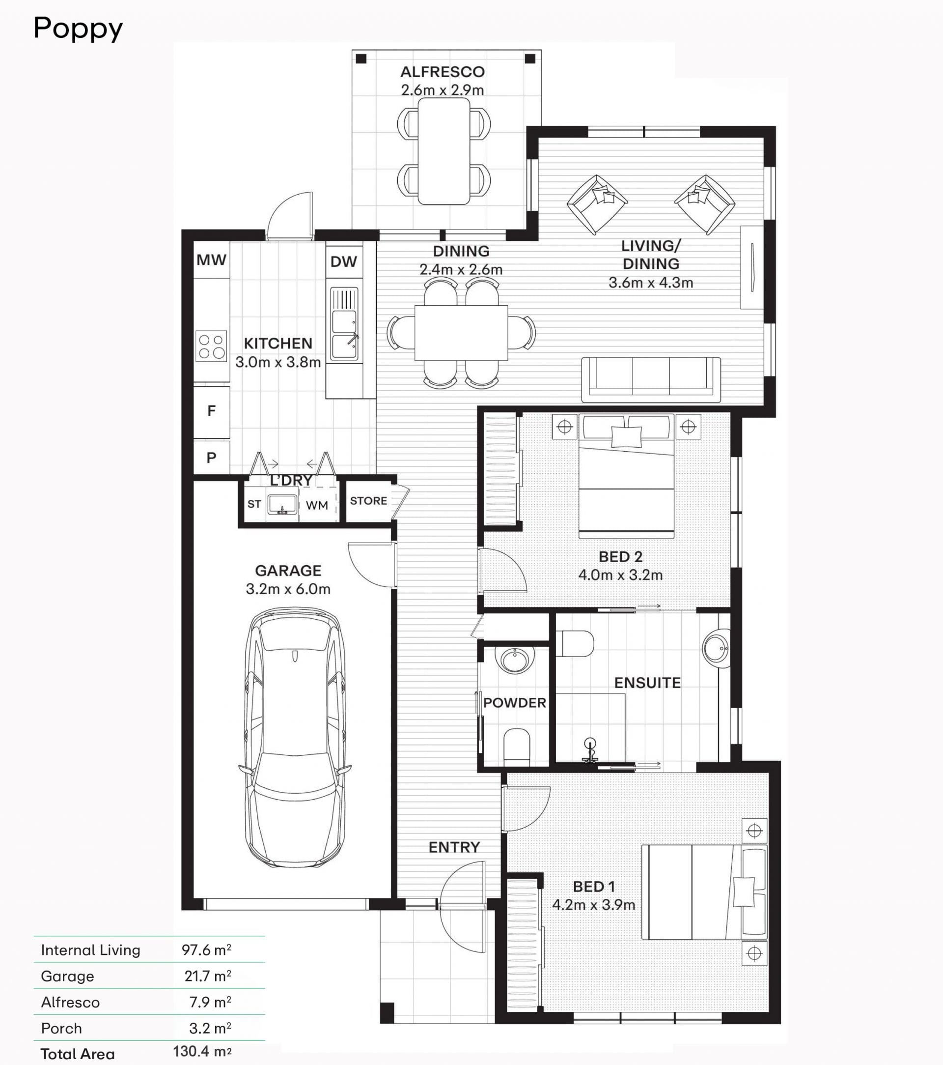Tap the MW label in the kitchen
tap(211, 259)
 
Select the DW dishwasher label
tap(344, 261)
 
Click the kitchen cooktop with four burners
tap(211, 346)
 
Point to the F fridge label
tap(211, 411)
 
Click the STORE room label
tap(369, 501)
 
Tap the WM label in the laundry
tap(317, 505)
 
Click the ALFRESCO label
tap(443, 72)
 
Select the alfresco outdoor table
tap(444, 151)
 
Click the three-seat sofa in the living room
tap(651, 380)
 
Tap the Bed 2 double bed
tap(626, 476)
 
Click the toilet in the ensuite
tap(575, 643)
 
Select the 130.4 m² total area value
tap(202, 1051)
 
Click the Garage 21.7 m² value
tap(208, 976)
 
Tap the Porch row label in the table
tap(61, 1029)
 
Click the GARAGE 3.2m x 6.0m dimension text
tap(288, 589)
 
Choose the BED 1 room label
tap(594, 887)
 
